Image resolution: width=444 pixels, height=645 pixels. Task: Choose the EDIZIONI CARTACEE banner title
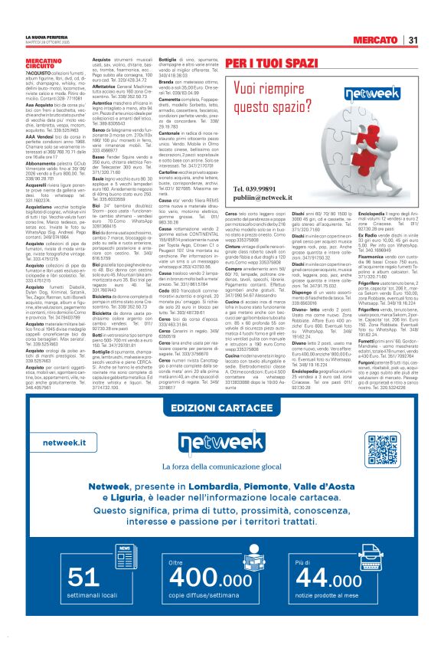(221, 428)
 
